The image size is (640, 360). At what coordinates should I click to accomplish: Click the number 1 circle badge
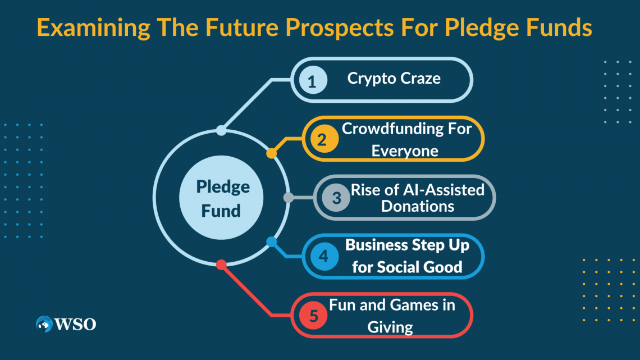tap(313, 80)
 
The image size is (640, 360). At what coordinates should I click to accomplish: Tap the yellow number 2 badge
tap(324, 139)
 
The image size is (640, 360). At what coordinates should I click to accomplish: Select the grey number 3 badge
tap(336, 198)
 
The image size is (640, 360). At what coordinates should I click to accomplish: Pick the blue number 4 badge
tap(324, 256)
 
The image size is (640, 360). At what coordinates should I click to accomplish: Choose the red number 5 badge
tap(313, 315)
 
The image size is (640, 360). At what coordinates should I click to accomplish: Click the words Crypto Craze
tap(394, 79)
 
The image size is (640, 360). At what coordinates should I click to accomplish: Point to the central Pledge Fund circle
tap(221, 198)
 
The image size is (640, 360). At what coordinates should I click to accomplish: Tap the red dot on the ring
tap(221, 265)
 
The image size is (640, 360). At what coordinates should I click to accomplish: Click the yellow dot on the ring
tap(271, 153)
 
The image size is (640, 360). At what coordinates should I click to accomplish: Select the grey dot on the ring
tap(289, 198)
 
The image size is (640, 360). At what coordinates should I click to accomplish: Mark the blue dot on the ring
tap(271, 241)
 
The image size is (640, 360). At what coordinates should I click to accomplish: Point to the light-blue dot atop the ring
tap(221, 130)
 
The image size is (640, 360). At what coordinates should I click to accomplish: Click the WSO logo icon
tap(44, 324)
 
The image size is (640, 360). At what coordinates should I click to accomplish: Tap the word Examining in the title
tap(93, 28)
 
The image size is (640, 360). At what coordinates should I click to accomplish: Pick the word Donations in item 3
tap(418, 207)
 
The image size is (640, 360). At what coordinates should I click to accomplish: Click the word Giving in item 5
tap(390, 327)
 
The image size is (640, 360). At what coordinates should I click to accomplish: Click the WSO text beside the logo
tap(76, 325)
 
